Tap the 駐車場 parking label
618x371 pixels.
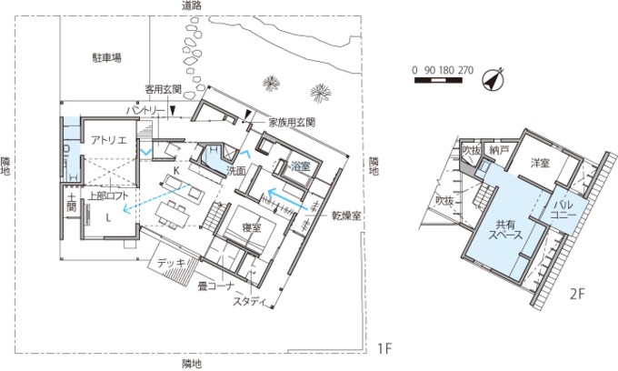[106, 57]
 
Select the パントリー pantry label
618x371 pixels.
[145, 110]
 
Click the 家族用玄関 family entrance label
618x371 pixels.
[291, 121]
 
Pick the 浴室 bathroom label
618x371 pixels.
[301, 167]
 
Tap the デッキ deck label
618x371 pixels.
[173, 264]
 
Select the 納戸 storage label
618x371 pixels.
[499, 149]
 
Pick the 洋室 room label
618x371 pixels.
[540, 162]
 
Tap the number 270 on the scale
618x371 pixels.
[466, 69]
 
